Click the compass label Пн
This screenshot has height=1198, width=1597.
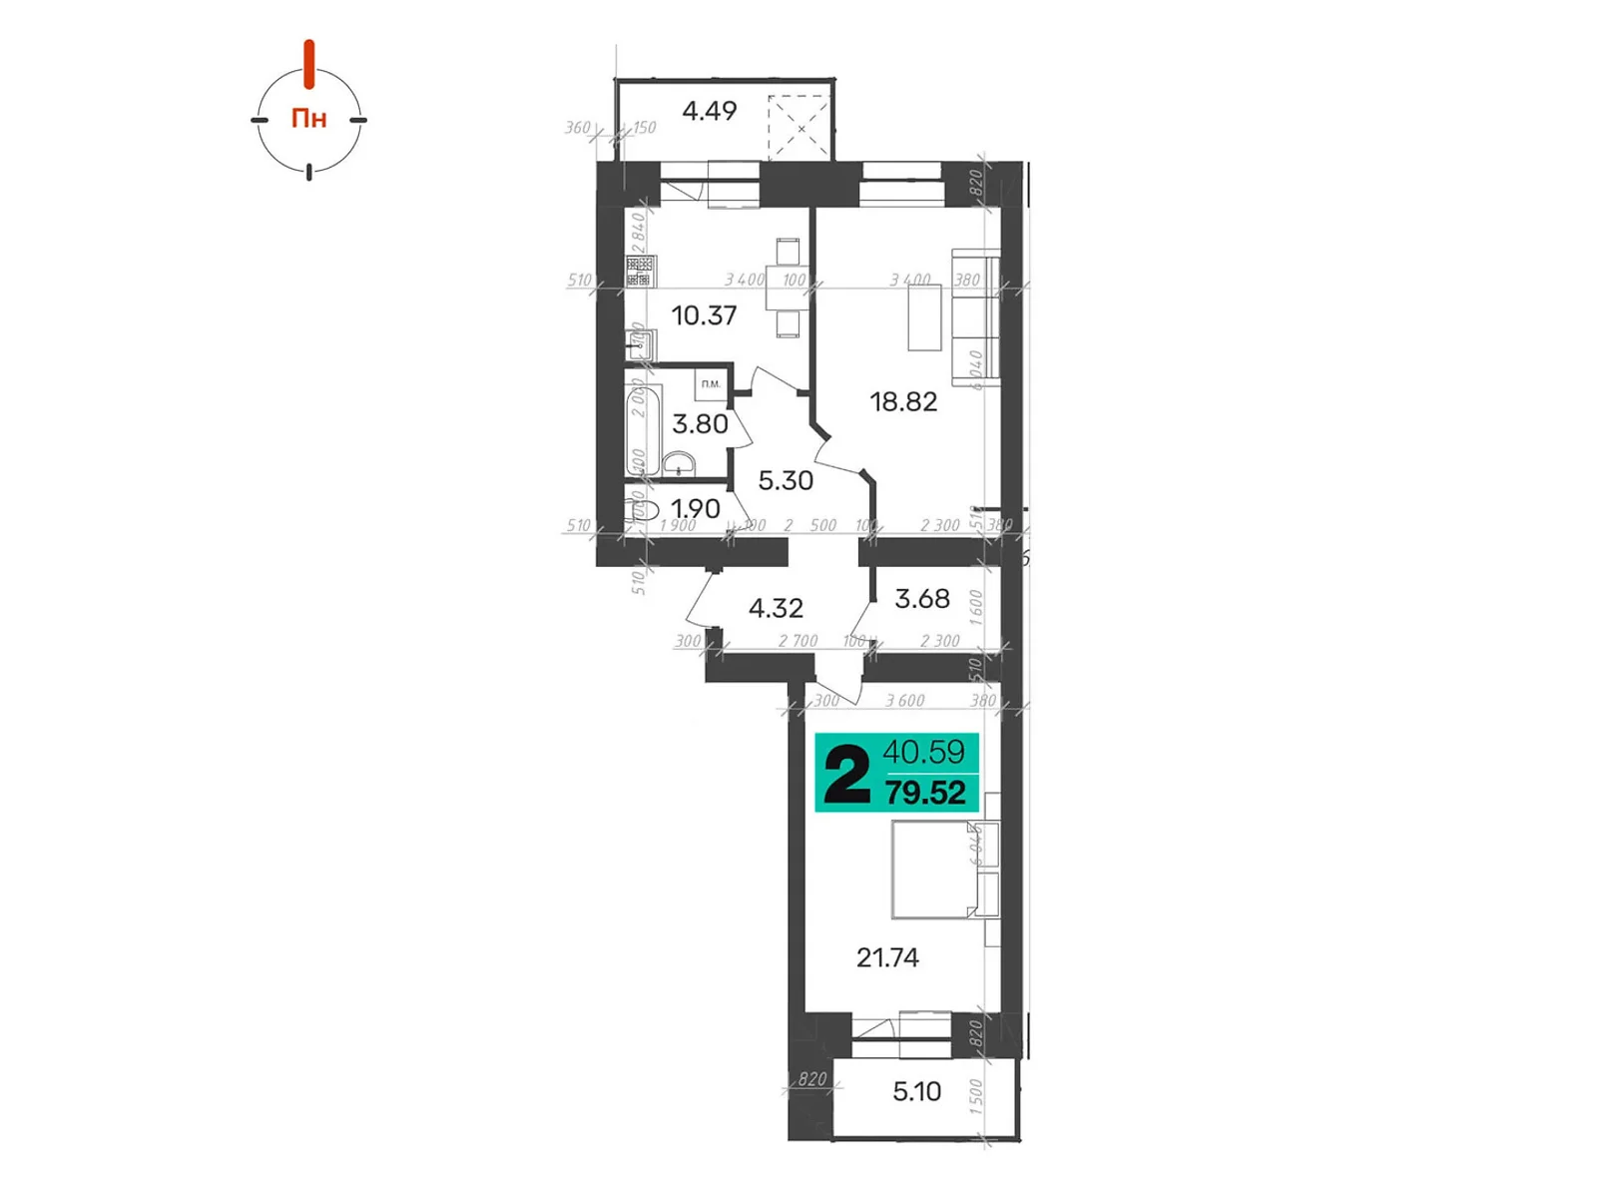pos(308,119)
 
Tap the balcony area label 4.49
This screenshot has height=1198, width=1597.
pos(709,111)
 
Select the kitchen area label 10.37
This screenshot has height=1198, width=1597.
pos(704,316)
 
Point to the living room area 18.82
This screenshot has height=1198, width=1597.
pos(903,402)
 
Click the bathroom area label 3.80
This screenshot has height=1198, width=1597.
pos(700,424)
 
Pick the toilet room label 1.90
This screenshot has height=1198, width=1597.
pos(696,509)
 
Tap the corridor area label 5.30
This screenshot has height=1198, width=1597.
pos(786,481)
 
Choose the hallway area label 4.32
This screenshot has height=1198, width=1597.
pos(776,608)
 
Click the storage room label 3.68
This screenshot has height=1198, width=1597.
pos(922,599)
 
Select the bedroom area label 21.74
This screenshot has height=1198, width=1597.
pos(887,958)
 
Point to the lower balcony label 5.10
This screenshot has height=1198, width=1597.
pos(916,1092)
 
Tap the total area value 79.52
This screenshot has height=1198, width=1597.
pos(925,794)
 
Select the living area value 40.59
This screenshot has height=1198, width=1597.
pos(923,751)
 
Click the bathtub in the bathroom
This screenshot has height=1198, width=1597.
pos(643,430)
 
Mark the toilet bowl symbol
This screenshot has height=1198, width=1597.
pos(645,511)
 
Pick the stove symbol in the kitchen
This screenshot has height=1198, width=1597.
pos(640,272)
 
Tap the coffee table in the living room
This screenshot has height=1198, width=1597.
pos(924,317)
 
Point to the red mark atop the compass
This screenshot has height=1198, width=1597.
pos(309,63)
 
